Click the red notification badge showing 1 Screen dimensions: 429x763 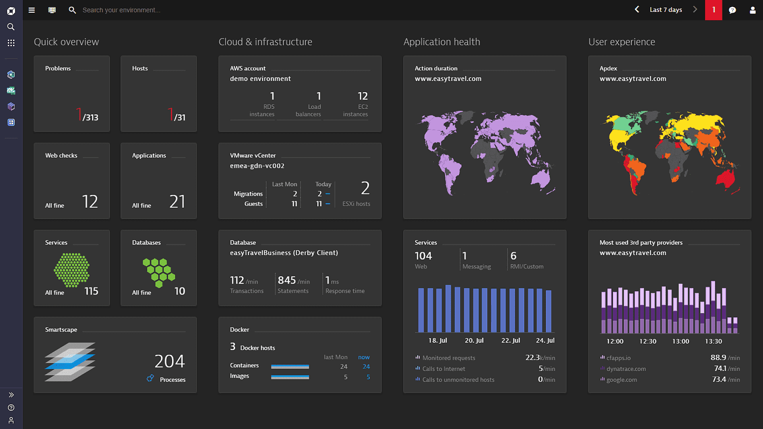point(714,10)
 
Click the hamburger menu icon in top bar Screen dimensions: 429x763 point(32,10)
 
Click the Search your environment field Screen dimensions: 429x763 point(121,10)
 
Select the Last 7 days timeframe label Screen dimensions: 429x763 point(666,10)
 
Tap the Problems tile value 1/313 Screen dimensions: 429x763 point(87,115)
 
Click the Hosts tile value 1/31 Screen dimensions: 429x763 point(176,115)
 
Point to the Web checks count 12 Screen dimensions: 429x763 point(90,201)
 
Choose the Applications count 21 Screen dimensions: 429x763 point(177,201)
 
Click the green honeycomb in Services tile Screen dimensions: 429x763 point(72,270)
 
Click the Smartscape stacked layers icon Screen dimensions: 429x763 point(70,362)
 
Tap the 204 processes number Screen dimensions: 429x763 point(170,361)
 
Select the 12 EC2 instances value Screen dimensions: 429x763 point(362,96)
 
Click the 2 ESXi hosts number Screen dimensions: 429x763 point(365,188)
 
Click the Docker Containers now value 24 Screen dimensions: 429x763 point(366,367)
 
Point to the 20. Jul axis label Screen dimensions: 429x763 point(474,340)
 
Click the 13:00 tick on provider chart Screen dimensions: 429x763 point(680,341)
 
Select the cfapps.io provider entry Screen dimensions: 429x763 point(618,358)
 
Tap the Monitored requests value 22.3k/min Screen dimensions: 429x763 point(540,358)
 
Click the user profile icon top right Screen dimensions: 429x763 point(752,10)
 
